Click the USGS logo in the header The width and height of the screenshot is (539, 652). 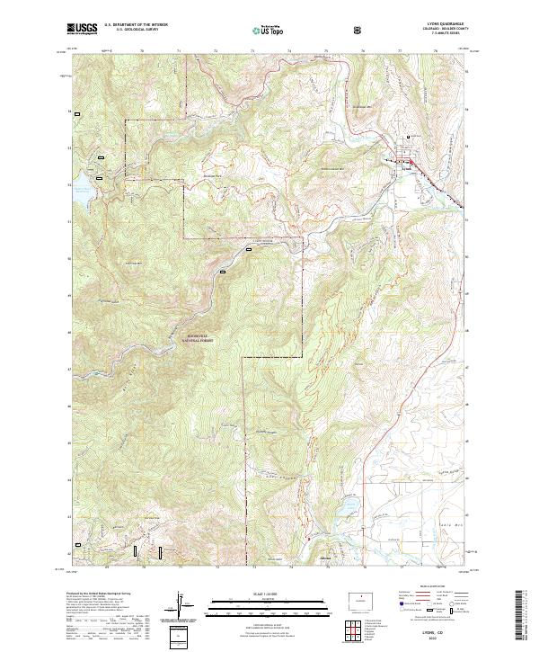(82, 30)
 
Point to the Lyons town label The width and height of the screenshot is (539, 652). (407, 166)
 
